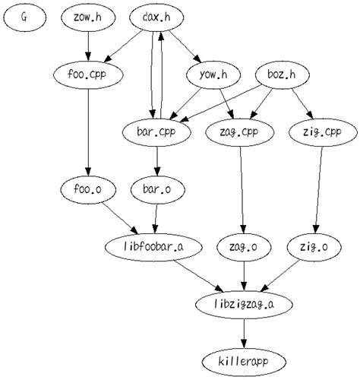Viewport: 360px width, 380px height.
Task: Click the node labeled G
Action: [24, 17]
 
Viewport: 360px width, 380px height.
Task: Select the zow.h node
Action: [89, 17]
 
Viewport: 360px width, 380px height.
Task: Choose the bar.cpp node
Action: [156, 131]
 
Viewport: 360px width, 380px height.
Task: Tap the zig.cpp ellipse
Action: [323, 131]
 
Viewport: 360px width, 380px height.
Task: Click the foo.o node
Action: [90, 188]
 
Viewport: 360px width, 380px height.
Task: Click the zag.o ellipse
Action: [243, 246]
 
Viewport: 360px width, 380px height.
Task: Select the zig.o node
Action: [314, 246]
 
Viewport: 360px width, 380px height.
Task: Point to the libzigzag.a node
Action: [243, 303]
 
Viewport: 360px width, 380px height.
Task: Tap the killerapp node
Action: [243, 360]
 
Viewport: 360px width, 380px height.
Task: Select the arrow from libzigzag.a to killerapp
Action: [243, 331]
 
